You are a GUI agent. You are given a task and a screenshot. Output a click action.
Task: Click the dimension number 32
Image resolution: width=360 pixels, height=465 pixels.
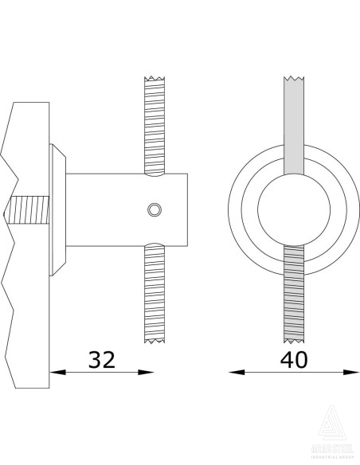pos(101,359)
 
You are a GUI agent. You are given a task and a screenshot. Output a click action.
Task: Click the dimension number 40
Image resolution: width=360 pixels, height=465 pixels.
pos(295,359)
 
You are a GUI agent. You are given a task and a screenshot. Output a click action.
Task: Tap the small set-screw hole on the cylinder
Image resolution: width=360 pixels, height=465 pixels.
pos(155,209)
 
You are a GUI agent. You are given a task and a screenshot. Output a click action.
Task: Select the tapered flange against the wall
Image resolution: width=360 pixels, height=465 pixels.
pos(57,210)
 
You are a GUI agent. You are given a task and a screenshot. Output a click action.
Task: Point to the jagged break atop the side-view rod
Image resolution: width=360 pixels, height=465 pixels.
pos(155,79)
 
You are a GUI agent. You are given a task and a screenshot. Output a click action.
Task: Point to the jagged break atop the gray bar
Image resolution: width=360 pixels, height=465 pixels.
pos(295,79)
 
